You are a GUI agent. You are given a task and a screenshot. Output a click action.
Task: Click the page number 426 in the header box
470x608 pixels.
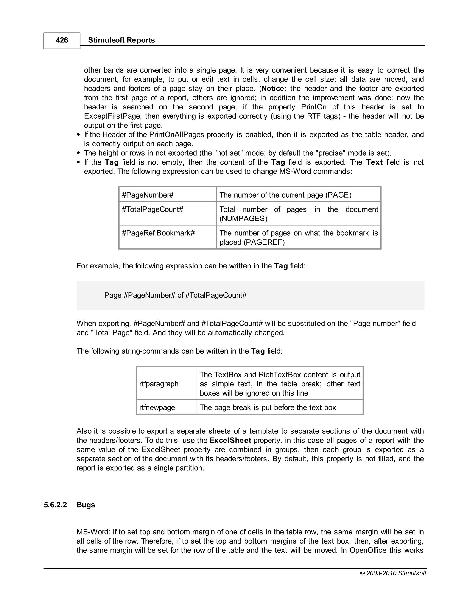point(62,40)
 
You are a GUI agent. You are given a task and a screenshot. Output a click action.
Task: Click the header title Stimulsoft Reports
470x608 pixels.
point(121,40)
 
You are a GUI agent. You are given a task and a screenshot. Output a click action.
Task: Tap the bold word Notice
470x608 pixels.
point(273,89)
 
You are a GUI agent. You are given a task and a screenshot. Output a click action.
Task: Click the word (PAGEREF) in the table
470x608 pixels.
point(264,242)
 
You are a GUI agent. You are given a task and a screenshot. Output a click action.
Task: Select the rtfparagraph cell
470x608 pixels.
point(159,384)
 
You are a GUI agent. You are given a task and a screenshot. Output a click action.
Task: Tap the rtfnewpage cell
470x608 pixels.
point(157,407)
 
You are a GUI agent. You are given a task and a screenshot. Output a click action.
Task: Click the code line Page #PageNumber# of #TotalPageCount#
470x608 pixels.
point(175,295)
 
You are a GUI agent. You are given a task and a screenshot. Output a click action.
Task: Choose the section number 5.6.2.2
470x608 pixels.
point(55,505)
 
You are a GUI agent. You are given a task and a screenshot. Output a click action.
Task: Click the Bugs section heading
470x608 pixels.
point(86,505)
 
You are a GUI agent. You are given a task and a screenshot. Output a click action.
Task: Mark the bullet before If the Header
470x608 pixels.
point(79,135)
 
